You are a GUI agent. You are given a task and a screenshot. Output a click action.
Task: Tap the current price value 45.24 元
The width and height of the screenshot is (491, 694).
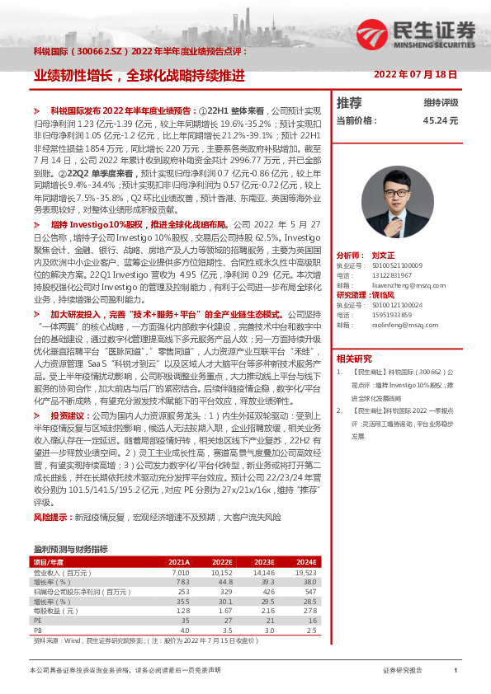[441, 120]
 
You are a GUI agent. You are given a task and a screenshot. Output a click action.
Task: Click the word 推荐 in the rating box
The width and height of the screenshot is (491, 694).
[349, 103]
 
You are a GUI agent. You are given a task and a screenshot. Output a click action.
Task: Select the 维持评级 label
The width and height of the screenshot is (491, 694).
[441, 103]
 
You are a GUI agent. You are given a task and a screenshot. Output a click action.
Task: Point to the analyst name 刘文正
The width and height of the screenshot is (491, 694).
[384, 256]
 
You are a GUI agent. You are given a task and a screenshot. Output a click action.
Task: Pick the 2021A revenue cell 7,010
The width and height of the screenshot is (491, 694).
[180, 571]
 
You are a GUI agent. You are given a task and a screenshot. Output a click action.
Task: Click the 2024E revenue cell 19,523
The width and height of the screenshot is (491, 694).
[305, 571]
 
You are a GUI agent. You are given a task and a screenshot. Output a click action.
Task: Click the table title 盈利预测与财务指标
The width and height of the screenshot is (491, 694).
[70, 549]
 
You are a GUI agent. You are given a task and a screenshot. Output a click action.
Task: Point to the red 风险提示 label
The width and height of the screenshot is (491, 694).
[49, 517]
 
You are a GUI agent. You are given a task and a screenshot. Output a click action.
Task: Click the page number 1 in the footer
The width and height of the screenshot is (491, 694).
[455, 671]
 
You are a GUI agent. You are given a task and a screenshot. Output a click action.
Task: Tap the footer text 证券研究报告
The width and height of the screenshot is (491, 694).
[403, 671]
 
